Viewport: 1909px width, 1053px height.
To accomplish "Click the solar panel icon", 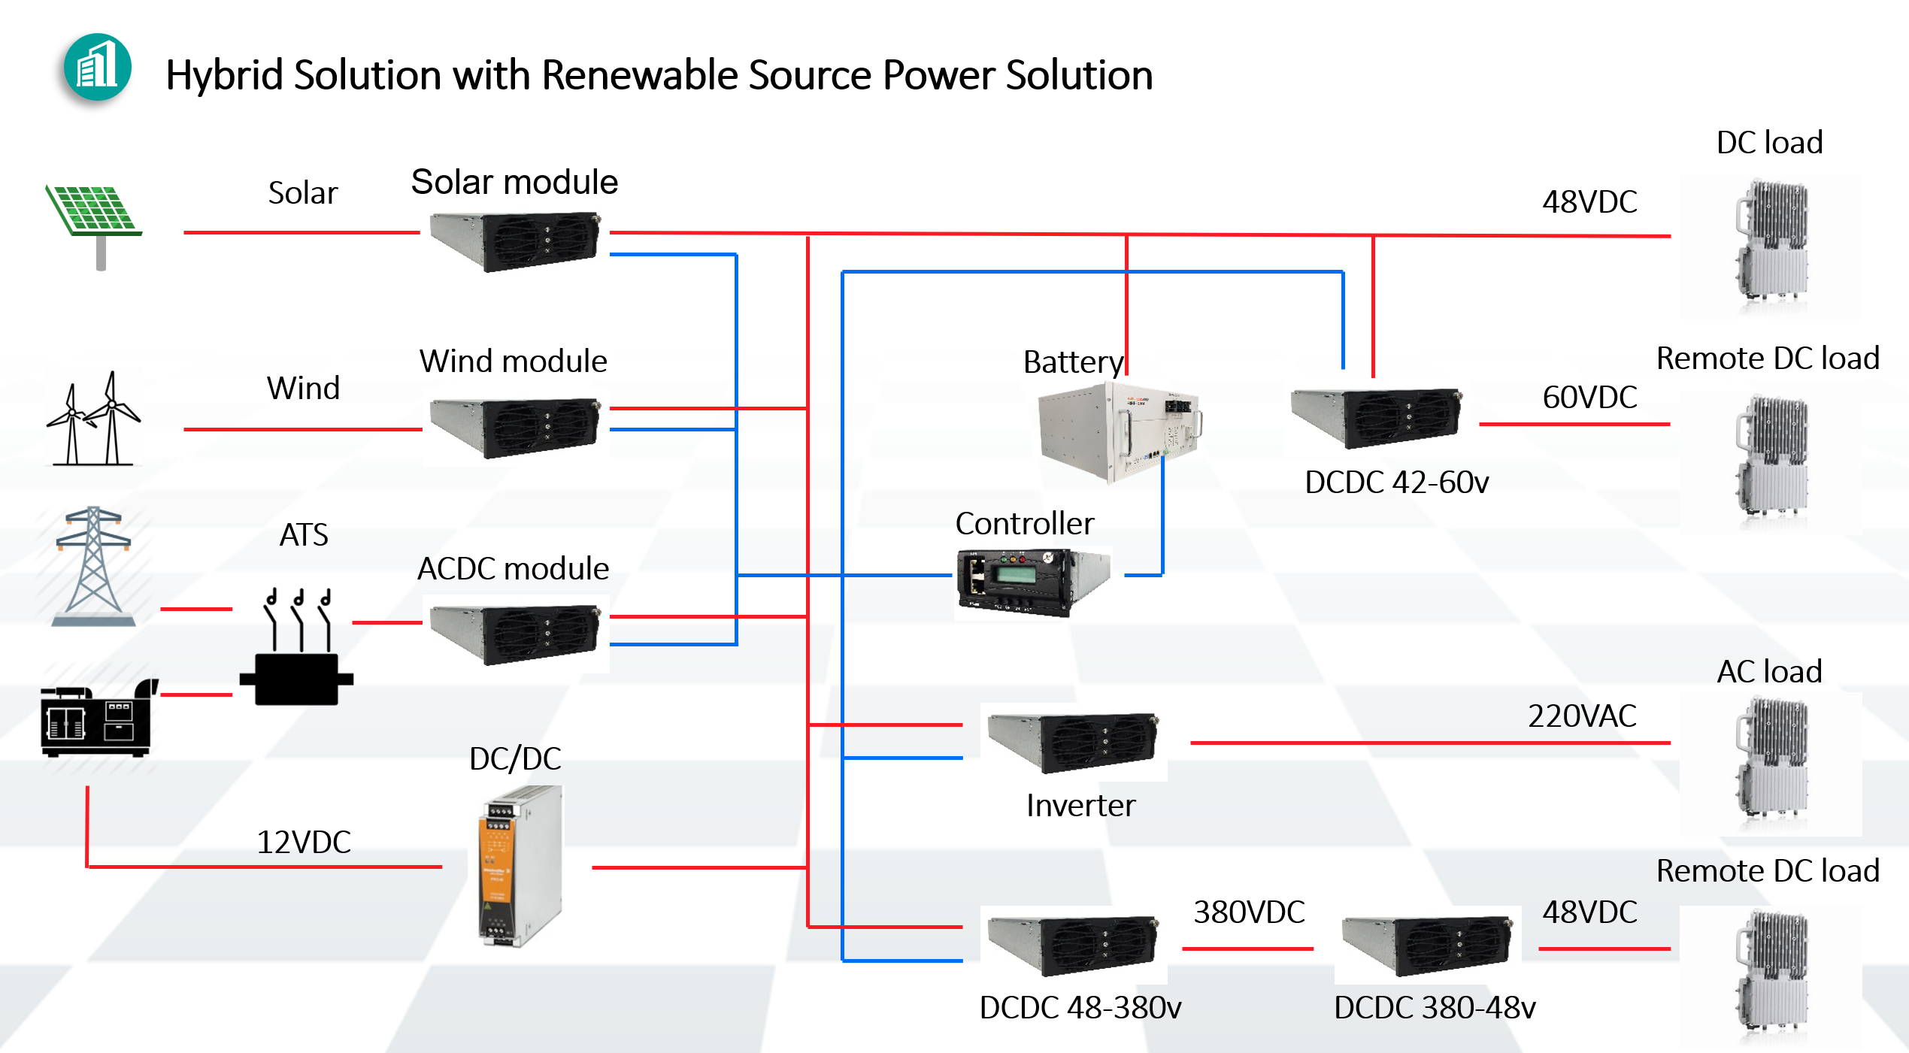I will click(93, 218).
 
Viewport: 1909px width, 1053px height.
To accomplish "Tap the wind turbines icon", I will click(93, 419).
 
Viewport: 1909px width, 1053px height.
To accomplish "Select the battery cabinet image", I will click(1118, 431).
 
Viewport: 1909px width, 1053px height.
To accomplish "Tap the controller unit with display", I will click(1032, 582).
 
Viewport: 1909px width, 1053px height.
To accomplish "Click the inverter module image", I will click(1074, 743).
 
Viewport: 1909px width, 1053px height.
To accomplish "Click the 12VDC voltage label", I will click(304, 842).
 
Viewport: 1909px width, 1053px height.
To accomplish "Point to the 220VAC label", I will click(1582, 716).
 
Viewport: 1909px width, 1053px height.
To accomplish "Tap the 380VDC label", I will click(1249, 912).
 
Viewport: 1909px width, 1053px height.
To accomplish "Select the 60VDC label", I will click(1589, 397).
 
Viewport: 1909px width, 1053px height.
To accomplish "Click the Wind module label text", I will click(513, 361).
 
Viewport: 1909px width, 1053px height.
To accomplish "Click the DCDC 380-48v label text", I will click(1435, 1007).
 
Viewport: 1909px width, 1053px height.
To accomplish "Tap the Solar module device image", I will click(516, 241).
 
